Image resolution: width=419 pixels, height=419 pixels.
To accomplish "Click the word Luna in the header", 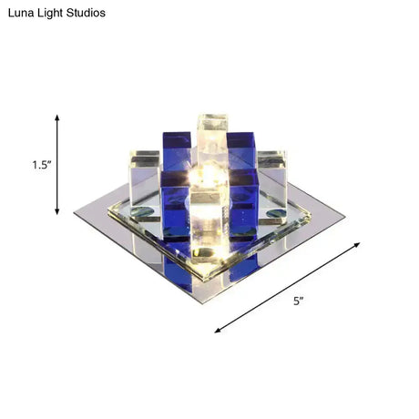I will point(20,14).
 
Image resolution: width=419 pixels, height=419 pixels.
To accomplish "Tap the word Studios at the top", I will point(85,14).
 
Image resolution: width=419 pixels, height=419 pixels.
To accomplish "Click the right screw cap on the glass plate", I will point(271,216).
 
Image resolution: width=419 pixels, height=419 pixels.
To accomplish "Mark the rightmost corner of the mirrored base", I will point(343,216).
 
